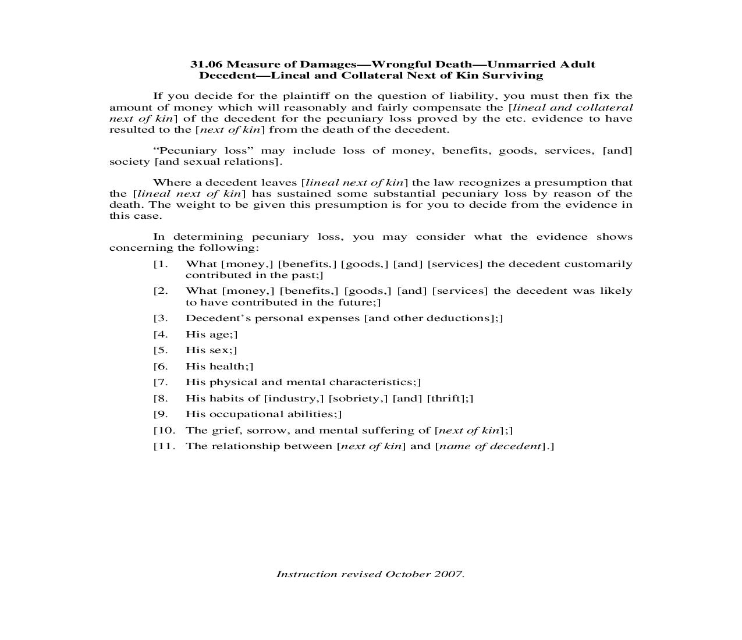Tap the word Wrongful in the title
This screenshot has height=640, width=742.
tap(394, 65)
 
